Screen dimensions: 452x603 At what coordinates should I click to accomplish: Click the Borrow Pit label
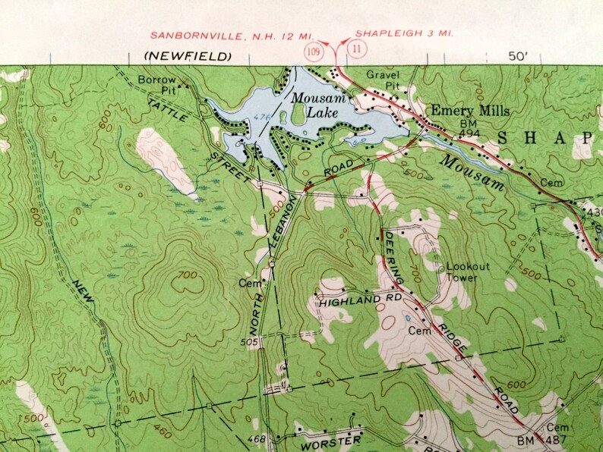click(156, 83)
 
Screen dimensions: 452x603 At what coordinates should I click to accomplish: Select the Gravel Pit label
click(382, 80)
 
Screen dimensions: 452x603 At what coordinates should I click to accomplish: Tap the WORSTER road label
click(330, 439)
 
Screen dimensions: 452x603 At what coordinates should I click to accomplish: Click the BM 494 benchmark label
click(469, 128)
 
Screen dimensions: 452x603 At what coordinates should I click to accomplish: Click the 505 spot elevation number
click(253, 342)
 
